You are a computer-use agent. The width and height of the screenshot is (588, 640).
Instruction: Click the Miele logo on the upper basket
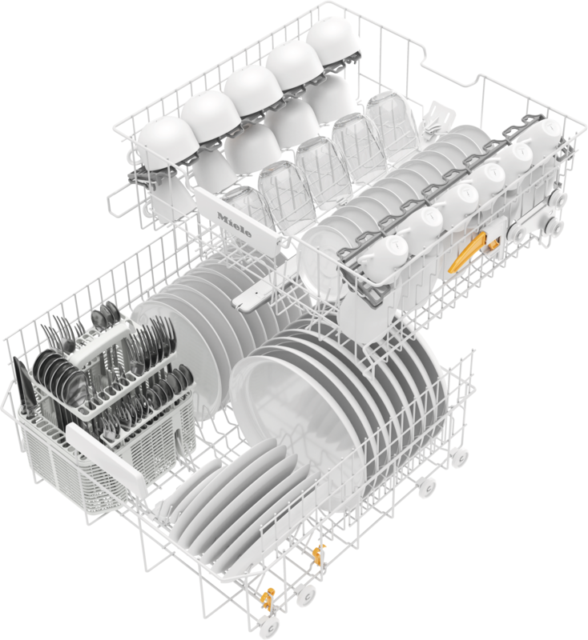pyautogui.click(x=235, y=225)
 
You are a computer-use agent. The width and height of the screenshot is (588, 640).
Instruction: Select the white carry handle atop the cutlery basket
pyautogui.click(x=100, y=344)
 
